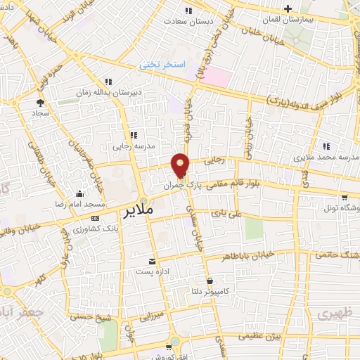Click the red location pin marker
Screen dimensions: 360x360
pos(181,165)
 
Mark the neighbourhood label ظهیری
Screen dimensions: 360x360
pos(333,312)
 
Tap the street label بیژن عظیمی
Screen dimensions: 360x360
pos(262,336)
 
